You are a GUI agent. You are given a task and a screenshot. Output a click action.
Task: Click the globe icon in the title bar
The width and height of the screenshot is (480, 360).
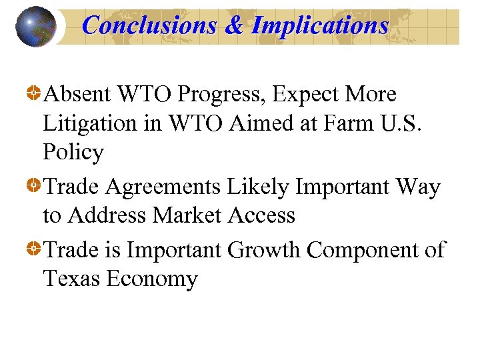[x=36, y=26]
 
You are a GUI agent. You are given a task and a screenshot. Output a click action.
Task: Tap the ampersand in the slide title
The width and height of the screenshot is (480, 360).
[x=234, y=25]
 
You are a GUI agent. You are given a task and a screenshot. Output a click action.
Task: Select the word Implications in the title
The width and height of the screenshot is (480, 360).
[x=319, y=25]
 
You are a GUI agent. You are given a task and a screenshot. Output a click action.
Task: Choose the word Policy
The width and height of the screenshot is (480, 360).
[x=73, y=153]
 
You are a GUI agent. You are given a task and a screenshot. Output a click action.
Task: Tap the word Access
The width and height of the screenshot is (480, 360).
[x=265, y=215]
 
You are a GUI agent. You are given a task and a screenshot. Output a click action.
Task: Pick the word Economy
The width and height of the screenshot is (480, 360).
[x=153, y=279]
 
